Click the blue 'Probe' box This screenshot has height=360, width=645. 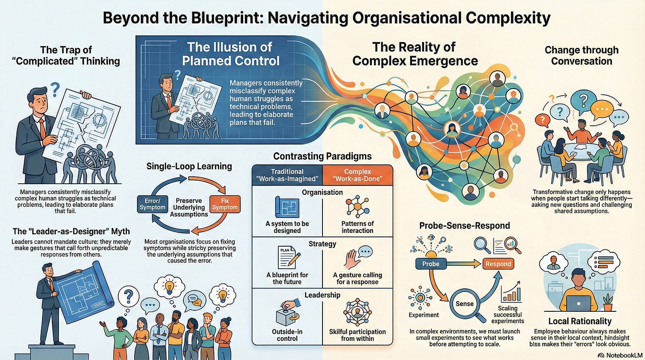tap(430, 264)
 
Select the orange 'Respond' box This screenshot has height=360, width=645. tap(497, 264)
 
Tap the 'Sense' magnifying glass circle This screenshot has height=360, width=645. tap(465, 304)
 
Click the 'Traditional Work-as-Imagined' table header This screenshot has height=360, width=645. tap(287, 175)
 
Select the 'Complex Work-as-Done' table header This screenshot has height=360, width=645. tap(357, 175)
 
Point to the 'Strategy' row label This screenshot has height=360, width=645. tap(322, 244)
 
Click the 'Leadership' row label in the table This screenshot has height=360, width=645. tap(322, 295)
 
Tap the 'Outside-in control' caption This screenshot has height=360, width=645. tap(287, 336)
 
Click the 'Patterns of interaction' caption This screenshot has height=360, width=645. tap(357, 227)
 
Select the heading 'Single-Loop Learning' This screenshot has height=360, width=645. tap(190, 166)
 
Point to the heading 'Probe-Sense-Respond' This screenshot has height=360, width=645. tap(464, 225)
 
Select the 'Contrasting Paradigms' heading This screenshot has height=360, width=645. tap(322, 156)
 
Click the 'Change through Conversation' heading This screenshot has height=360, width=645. tap(582, 56)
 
